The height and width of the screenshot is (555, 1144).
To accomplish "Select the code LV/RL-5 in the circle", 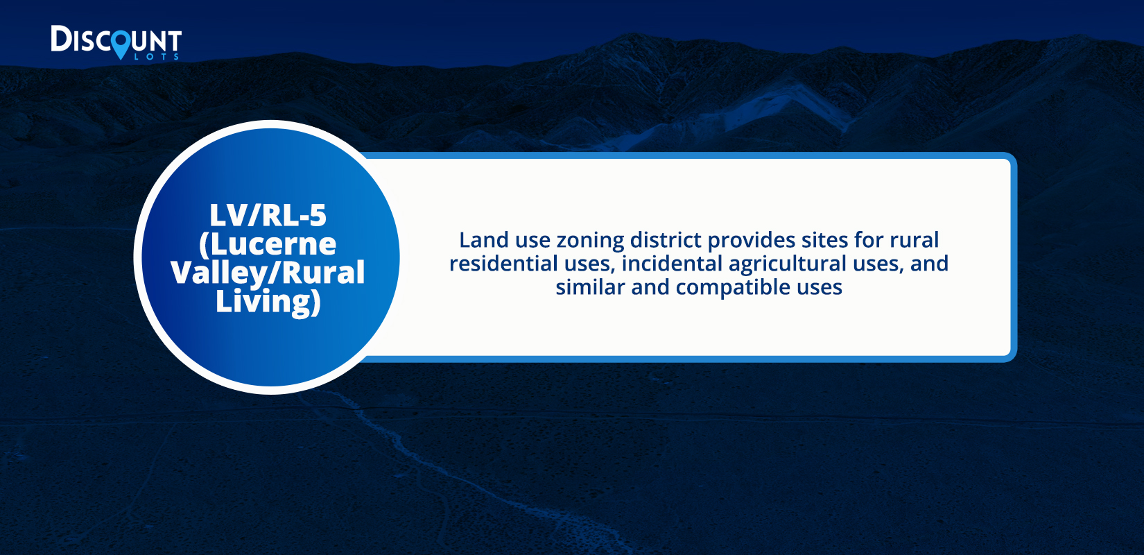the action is coord(268,215).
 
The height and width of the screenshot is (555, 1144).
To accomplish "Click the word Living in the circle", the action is coord(268,302).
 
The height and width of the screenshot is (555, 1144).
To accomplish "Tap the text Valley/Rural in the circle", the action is coord(268,273).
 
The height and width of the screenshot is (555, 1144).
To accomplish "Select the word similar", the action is coord(590,287).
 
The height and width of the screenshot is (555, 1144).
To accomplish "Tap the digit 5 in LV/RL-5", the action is coord(318,215).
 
